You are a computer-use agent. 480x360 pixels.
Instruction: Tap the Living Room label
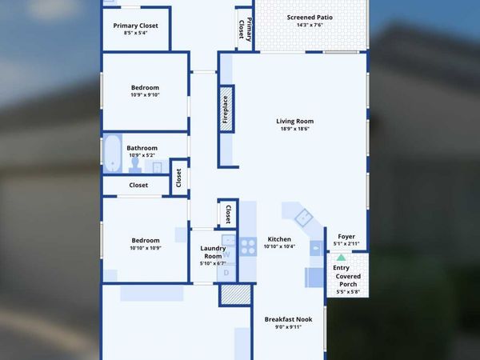click(x=295, y=121)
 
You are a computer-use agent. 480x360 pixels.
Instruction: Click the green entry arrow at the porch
click(x=342, y=258)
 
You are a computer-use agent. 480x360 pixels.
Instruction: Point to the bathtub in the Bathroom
click(x=112, y=154)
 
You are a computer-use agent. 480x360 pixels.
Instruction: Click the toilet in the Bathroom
click(x=136, y=165)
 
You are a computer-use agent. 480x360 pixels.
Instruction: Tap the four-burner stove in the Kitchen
click(x=248, y=246)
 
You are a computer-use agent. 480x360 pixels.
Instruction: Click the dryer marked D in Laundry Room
click(x=226, y=272)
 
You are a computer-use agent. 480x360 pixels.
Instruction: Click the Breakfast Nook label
click(x=288, y=319)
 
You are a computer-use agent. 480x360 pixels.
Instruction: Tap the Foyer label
click(x=346, y=236)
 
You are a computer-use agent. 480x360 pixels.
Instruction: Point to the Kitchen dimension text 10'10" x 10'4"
click(x=279, y=246)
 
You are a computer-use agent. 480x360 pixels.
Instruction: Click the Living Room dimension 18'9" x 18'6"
click(x=295, y=129)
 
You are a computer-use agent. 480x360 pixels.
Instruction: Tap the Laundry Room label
click(x=212, y=252)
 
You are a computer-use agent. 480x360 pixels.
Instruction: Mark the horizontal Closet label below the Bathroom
click(x=138, y=185)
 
